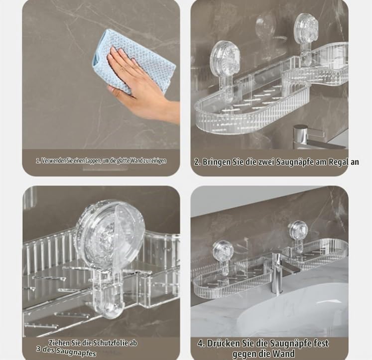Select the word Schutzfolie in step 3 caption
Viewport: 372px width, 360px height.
pyautogui.click(x=110, y=343)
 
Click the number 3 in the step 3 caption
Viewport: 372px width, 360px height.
pyautogui.click(x=39, y=349)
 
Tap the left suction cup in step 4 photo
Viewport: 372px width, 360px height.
pyautogui.click(x=223, y=251)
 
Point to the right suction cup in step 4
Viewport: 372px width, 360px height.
pyautogui.click(x=299, y=231)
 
